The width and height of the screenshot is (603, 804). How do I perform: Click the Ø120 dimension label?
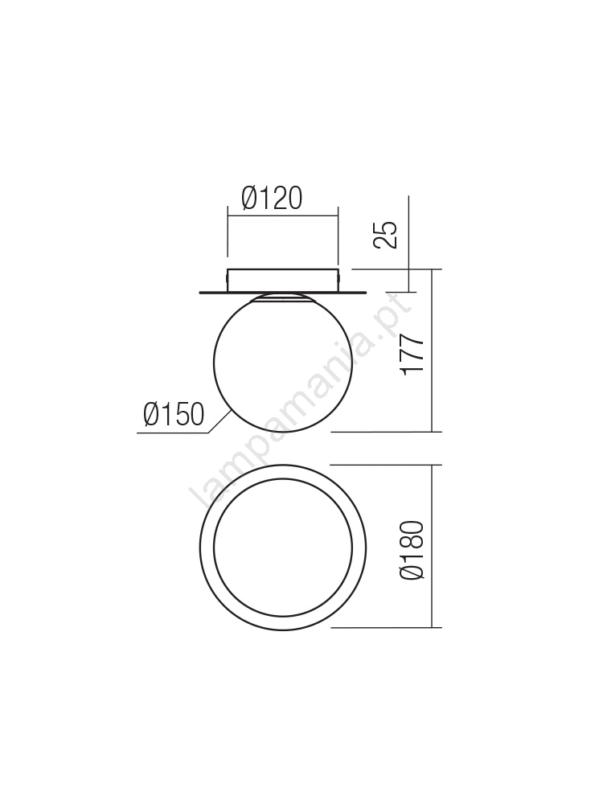point(272,199)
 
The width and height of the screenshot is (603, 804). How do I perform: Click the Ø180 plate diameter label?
point(412,550)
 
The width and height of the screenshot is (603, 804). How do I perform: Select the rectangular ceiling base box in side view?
point(283,280)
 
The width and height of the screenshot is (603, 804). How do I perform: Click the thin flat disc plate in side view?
point(283,293)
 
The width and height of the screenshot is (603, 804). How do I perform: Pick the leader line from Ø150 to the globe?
point(219,422)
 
